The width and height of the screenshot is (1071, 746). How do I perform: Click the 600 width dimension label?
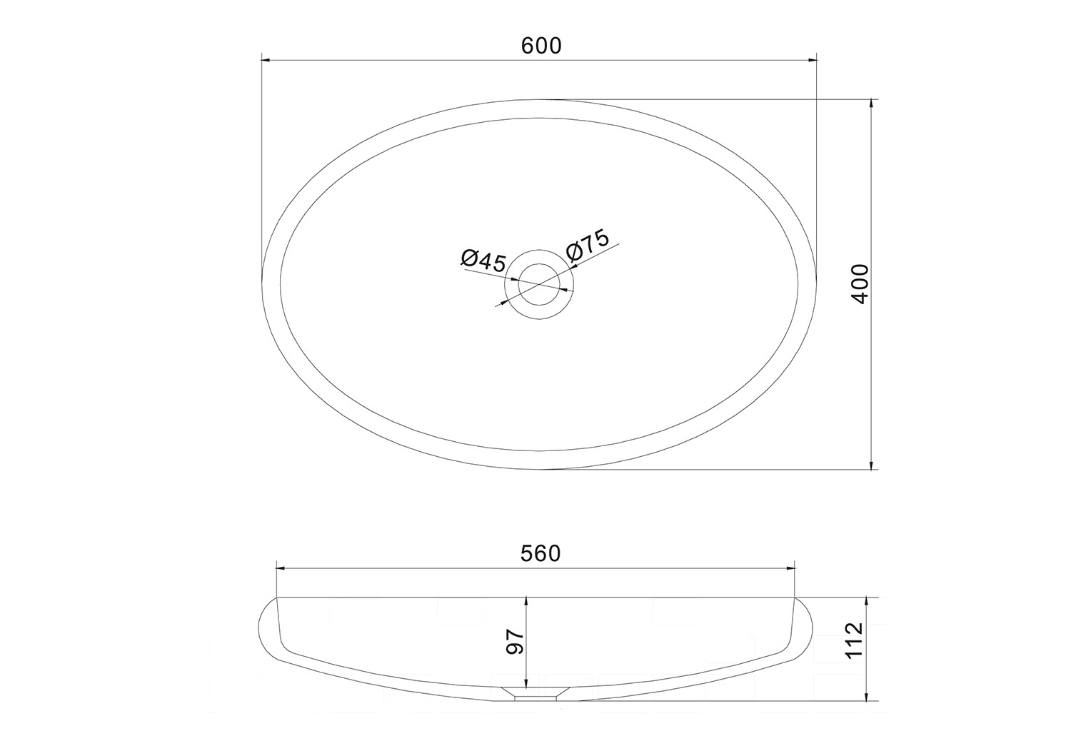(541, 46)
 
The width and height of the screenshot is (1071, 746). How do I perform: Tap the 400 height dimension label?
(860, 284)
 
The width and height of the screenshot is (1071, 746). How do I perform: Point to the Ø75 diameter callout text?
(588, 245)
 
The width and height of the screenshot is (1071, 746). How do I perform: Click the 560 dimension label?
(540, 554)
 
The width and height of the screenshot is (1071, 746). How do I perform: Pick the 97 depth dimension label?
(515, 641)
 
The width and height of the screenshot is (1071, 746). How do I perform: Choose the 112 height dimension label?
(855, 641)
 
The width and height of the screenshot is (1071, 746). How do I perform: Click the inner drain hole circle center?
(539, 284)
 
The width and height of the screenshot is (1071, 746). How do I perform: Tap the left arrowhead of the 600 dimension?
(266, 60)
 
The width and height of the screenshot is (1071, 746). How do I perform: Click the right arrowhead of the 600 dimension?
(811, 60)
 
